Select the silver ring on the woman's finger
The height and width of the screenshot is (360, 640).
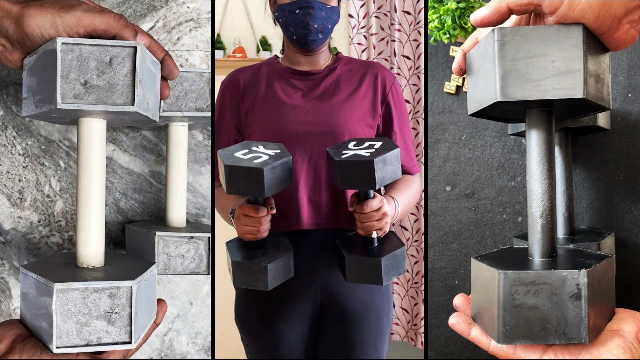(x=374, y=234)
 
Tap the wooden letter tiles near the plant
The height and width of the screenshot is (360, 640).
(x=454, y=80)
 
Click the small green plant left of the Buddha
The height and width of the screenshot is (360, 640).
(x=220, y=45)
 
